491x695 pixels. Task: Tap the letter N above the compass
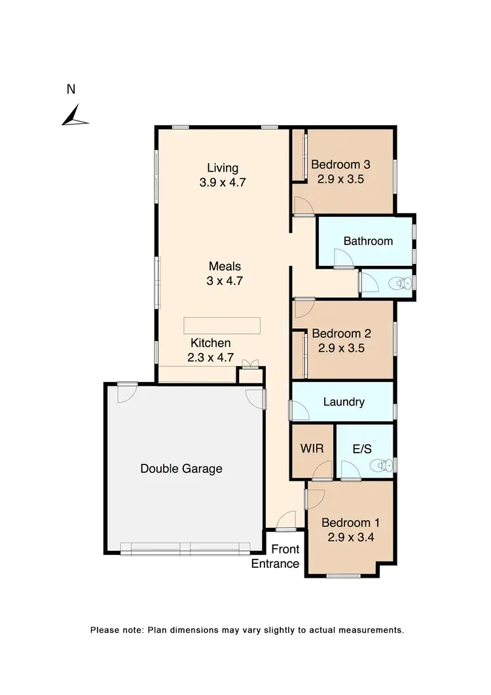pos(71,90)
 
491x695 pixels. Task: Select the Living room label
pos(223,168)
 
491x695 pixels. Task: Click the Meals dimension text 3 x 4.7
pos(225,281)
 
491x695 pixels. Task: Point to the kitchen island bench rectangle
pos(222,326)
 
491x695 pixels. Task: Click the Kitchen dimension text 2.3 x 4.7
pos(210,358)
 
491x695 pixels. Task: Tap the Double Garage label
pos(181,468)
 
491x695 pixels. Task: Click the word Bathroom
pos(368,241)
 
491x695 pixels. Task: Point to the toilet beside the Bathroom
pos(397,284)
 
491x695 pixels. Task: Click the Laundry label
pos(344,402)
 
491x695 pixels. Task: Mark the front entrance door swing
pos(285,521)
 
